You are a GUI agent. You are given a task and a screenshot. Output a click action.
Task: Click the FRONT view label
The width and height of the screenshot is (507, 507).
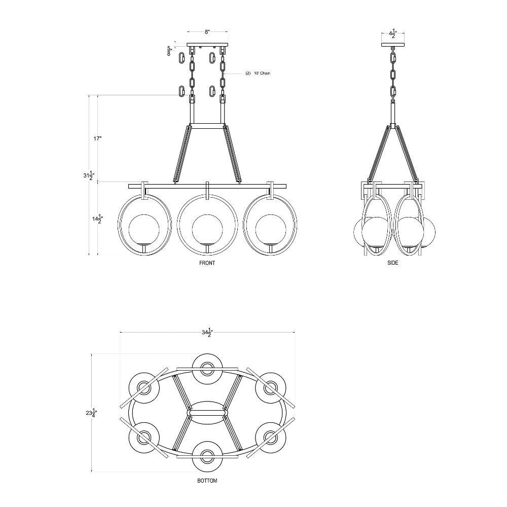(207, 263)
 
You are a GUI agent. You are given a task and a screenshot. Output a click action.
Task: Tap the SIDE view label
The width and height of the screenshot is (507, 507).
(392, 263)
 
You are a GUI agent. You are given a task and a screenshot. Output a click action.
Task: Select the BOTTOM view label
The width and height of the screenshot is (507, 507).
(207, 481)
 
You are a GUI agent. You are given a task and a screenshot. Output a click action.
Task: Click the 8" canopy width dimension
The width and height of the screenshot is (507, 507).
(207, 31)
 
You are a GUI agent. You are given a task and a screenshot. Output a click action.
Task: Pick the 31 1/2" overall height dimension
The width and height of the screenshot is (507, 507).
(87, 176)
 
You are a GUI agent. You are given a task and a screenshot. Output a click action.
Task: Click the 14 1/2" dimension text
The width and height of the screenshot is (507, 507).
(96, 219)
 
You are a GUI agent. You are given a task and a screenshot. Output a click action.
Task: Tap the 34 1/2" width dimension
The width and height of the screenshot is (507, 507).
(207, 333)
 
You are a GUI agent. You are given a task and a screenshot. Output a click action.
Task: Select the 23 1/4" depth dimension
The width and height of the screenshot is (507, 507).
(91, 413)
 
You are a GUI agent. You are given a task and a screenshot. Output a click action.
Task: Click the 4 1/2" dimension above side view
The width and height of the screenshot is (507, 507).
(393, 33)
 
